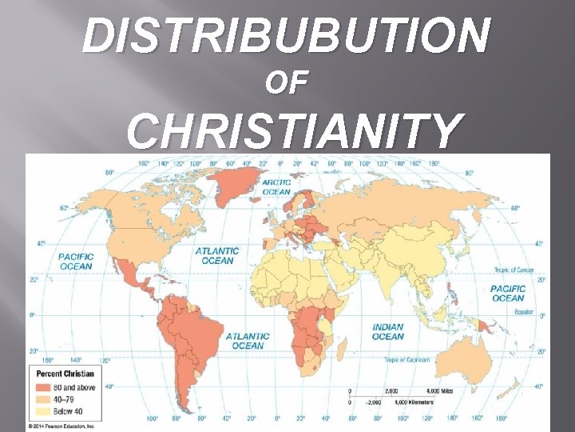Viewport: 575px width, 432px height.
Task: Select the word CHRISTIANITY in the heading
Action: coord(295,130)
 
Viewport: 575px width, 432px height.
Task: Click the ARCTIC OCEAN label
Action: coord(276,186)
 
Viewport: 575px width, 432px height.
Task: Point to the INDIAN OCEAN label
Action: coord(388,332)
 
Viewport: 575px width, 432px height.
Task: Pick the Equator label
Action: coord(522,311)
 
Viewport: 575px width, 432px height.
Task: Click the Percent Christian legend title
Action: coord(64,374)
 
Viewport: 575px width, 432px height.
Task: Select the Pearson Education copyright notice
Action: coord(61,426)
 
